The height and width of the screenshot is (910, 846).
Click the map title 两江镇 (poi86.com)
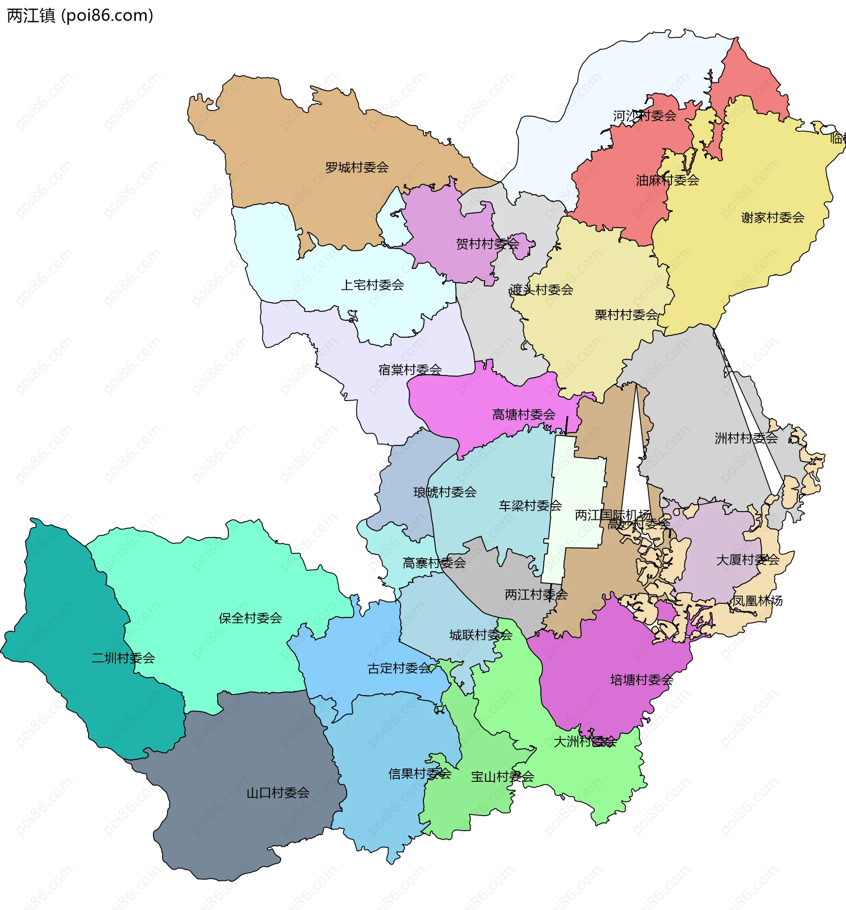pyautogui.click(x=80, y=16)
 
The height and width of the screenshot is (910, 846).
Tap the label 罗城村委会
pyautogui.click(x=356, y=167)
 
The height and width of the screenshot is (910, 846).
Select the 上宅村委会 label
pyautogui.click(x=372, y=285)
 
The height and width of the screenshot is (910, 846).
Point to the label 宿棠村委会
pyautogui.click(x=410, y=370)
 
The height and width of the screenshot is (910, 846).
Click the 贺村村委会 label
pyautogui.click(x=487, y=244)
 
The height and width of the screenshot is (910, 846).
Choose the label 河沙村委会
pyautogui.click(x=645, y=116)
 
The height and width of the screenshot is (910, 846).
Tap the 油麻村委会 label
pyautogui.click(x=667, y=180)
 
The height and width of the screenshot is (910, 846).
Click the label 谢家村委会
pyautogui.click(x=773, y=217)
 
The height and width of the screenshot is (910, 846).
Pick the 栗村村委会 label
pyautogui.click(x=626, y=315)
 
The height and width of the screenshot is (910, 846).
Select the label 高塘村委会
pyautogui.click(x=523, y=415)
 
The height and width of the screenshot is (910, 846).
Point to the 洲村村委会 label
pyautogui.click(x=746, y=438)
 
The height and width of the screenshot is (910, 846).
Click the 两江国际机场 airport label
pyautogui.click(x=612, y=516)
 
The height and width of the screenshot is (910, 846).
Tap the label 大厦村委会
pyautogui.click(x=748, y=560)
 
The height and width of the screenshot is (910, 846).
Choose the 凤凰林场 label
pyautogui.click(x=757, y=601)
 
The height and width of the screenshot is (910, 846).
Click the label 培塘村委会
pyautogui.click(x=642, y=680)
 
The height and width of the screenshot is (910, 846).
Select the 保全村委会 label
pyautogui.click(x=250, y=618)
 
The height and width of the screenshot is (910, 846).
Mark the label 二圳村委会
pyautogui.click(x=123, y=658)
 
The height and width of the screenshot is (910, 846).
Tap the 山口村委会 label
pyautogui.click(x=278, y=793)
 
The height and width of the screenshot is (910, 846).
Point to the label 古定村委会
pyautogui.click(x=399, y=669)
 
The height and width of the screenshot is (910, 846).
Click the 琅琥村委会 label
pyautogui.click(x=445, y=493)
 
